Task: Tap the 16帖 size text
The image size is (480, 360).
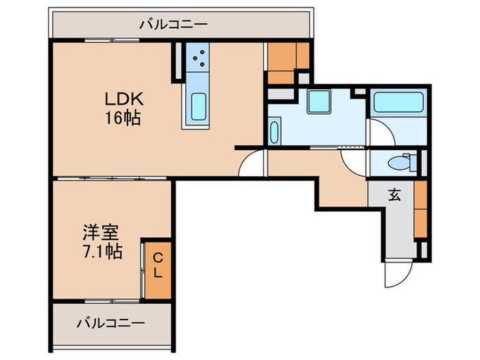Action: [124, 119]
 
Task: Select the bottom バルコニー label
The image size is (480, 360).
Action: [110, 322]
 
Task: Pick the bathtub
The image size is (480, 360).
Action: [398, 105]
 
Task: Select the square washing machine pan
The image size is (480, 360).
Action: [319, 101]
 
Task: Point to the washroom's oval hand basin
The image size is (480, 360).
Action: [274, 131]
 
